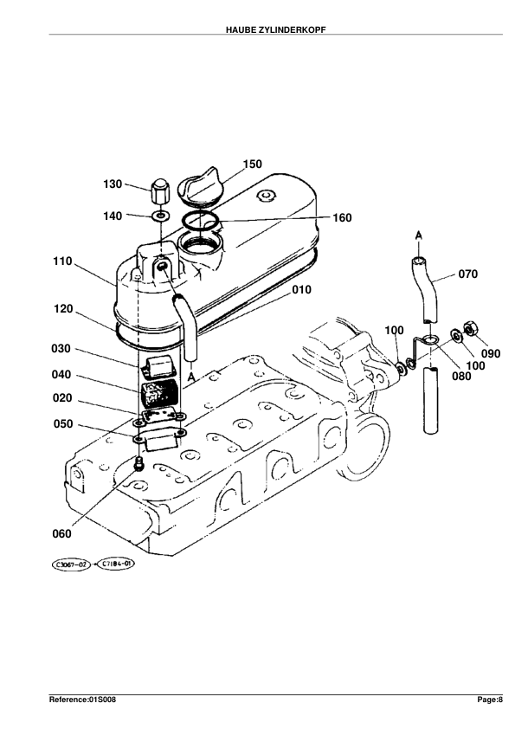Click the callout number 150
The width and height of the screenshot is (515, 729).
(253, 165)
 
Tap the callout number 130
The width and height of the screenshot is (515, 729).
(113, 184)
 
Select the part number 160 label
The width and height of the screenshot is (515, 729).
(342, 217)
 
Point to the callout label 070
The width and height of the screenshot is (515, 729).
(468, 274)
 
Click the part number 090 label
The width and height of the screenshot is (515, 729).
(491, 354)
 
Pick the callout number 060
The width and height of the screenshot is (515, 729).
(61, 533)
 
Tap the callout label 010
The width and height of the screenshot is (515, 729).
(302, 290)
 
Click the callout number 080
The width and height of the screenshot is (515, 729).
(461, 376)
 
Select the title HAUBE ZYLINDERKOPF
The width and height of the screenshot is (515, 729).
(275, 29)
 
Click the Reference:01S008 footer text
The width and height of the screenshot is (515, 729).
(83, 700)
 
